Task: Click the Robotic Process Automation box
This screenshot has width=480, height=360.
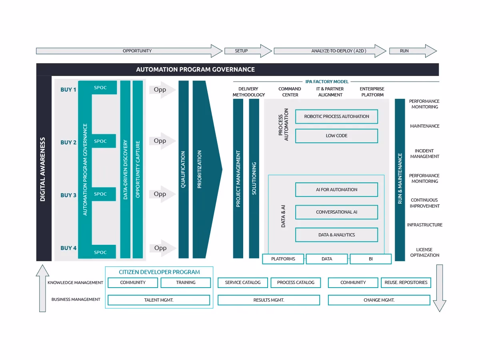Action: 336,116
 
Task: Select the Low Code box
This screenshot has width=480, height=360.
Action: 336,136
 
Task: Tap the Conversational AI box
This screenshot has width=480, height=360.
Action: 336,212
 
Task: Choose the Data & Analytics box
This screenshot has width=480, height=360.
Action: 336,235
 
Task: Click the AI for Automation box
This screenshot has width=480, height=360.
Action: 336,190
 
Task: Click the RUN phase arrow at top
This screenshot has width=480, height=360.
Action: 412,51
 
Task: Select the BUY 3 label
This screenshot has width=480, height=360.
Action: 68,195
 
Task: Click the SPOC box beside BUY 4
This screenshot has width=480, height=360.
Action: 100,252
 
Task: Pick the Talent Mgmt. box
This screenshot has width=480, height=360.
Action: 159,300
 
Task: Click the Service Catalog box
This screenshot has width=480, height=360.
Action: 243,282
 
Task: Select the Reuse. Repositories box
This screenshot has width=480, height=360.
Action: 406,282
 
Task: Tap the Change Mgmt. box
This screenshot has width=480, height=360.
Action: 379,300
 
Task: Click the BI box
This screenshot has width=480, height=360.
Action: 370,259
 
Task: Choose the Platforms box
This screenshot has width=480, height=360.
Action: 283,259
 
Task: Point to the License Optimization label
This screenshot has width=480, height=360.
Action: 424,252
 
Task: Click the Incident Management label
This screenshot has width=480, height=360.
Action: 424,154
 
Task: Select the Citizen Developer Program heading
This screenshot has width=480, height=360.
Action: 159,272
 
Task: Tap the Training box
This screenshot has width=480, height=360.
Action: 186,282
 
